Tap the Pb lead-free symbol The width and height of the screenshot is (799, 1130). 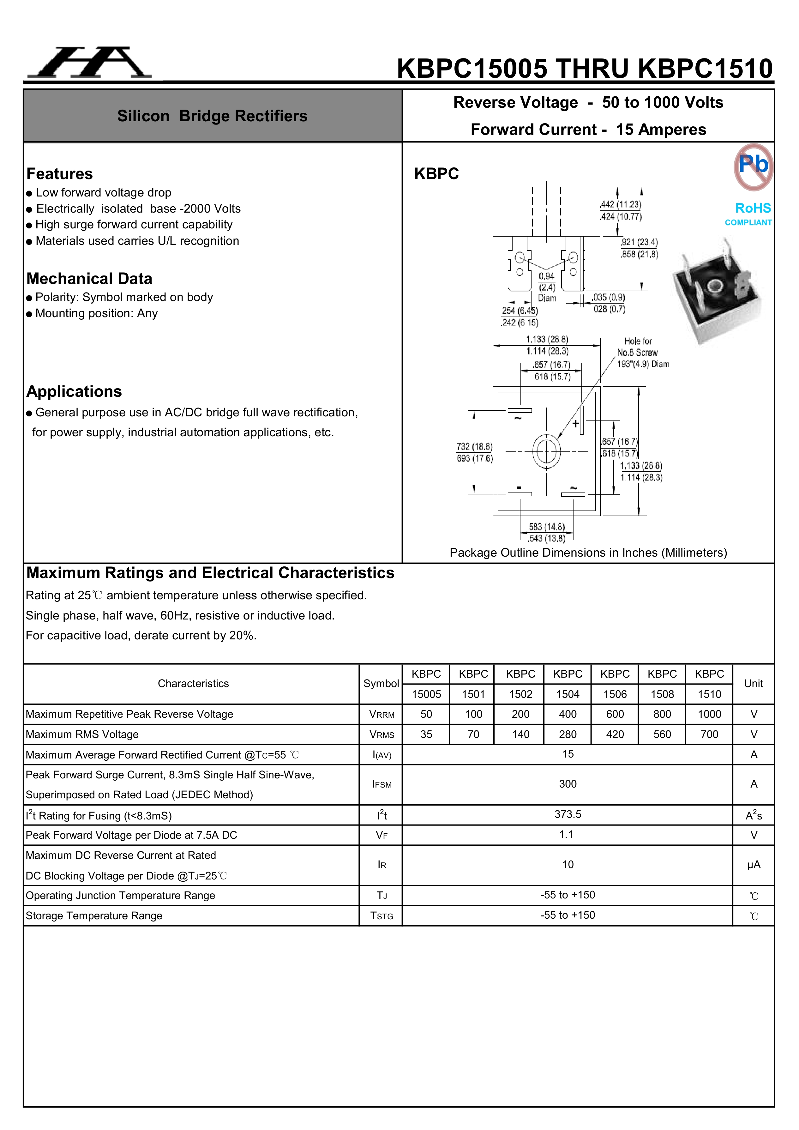[753, 166]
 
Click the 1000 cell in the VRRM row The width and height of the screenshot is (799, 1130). [709, 714]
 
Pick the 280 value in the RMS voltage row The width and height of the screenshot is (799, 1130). [567, 734]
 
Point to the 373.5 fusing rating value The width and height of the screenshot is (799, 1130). [567, 814]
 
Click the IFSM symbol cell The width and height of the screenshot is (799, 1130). [382, 784]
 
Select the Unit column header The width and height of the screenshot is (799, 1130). [753, 684]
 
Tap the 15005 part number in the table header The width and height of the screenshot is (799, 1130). [426, 694]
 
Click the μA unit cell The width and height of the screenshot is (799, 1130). [753, 865]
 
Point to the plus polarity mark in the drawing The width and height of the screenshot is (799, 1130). [575, 424]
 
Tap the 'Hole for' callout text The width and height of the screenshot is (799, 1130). [638, 341]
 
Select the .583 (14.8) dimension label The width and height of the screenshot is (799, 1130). [546, 527]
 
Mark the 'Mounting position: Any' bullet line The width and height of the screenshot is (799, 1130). [96, 313]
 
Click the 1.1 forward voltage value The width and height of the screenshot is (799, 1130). [566, 835]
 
